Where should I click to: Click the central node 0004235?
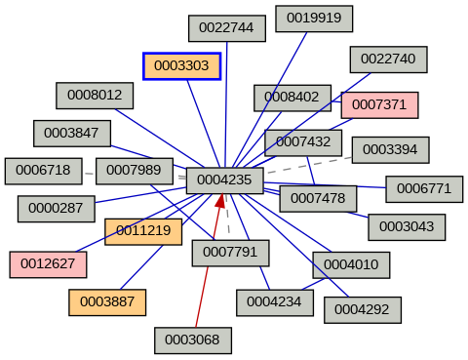[224, 180]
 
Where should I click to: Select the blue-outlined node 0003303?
[181, 66]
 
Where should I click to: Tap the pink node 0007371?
[379, 104]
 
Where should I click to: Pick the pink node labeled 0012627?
[48, 263]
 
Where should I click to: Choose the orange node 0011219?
[143, 231]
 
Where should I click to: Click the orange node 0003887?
[107, 302]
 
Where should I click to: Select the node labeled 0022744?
[226, 28]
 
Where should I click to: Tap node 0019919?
[314, 19]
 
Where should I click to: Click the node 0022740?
[388, 59]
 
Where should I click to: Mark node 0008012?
[95, 95]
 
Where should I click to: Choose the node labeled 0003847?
[72, 133]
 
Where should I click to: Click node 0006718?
[43, 171]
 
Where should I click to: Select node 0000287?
[56, 208]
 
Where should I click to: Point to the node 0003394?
[390, 149]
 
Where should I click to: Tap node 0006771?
[423, 188]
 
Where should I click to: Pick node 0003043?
[407, 226]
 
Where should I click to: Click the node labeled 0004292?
[362, 309]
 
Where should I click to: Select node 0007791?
[230, 253]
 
